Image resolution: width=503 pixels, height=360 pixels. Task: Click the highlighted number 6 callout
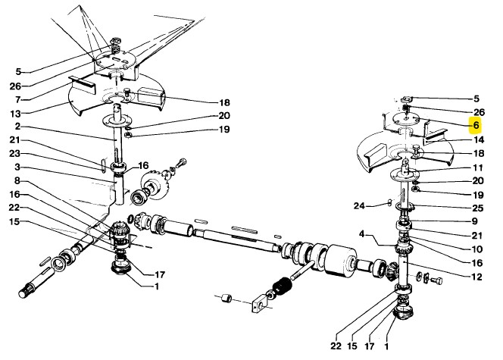pos(476,125)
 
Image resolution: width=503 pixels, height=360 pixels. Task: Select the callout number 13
pos(15,114)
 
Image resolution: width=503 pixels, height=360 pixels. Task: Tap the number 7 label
pos(18,100)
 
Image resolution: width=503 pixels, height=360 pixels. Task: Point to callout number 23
pos(14,154)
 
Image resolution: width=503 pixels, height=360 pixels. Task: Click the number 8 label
pos(17,180)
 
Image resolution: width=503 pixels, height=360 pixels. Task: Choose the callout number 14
pos(479,139)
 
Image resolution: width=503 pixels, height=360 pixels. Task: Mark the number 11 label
pos(478,167)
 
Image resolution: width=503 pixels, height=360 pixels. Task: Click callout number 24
pos(359,205)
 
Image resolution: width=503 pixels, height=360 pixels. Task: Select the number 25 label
pos(478,208)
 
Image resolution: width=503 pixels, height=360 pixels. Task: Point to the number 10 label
pos(477,249)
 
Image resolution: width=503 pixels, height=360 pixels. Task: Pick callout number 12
pos(477,277)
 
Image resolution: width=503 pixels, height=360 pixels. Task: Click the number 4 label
pos(361,234)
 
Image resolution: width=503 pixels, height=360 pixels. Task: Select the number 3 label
pos(17,167)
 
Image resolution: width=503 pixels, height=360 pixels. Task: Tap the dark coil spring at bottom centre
pos(282,285)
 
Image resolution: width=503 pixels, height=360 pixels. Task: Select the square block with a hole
pos(259,303)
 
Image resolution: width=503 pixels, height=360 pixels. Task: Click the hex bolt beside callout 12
pos(436,280)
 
